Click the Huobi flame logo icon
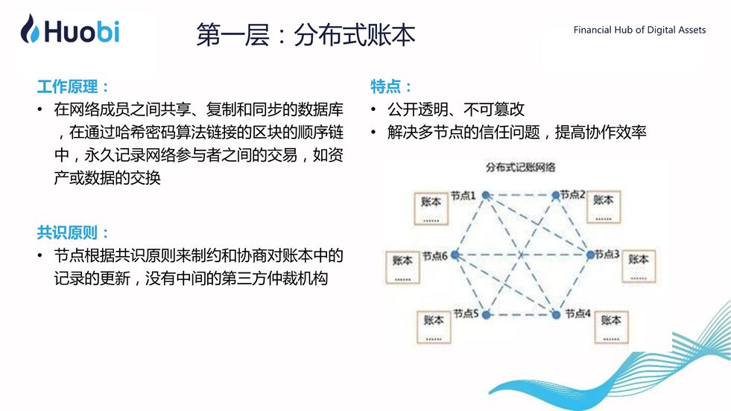[31, 29]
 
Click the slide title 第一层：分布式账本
[305, 34]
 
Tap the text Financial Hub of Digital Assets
[639, 31]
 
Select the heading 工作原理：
[73, 86]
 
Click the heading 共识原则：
[73, 232]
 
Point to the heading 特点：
[391, 86]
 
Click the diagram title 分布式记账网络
[520, 168]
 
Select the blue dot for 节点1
[485, 195]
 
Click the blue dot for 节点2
[555, 195]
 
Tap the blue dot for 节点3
[590, 255]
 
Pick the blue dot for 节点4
[555, 314]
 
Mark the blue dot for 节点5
[485, 314]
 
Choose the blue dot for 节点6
[453, 255]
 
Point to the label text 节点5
[465, 313]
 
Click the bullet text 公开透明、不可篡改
[456, 109]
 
